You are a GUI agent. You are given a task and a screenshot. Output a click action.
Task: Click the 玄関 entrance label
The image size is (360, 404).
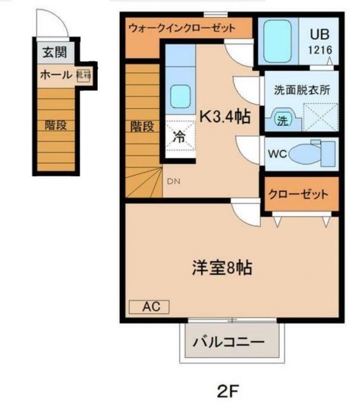(54, 53)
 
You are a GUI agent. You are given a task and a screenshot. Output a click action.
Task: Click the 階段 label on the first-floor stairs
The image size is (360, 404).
(56, 125)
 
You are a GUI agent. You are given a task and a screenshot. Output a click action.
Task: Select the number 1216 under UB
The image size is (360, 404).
(319, 49)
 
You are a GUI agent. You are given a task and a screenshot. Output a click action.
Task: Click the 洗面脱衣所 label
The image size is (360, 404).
(301, 89)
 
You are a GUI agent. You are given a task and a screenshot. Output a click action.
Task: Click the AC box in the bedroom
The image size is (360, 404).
(149, 306)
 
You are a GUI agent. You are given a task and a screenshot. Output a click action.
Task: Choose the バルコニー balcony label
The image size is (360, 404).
(229, 341)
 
